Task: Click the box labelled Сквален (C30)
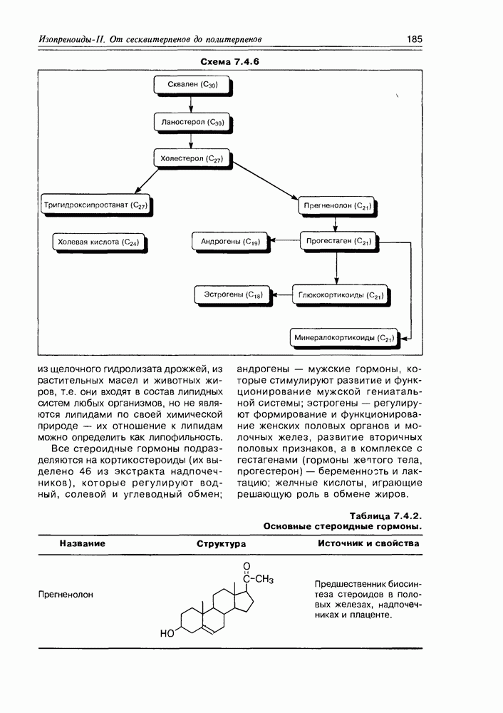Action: [x=192, y=86]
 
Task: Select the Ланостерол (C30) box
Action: [x=192, y=122]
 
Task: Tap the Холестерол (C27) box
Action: [x=192, y=158]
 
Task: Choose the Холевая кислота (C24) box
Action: [x=98, y=242]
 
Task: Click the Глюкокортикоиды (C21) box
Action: [x=341, y=294]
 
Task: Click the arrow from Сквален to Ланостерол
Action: [x=192, y=104]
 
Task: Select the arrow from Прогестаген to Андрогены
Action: [x=282, y=242]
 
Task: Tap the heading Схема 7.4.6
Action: [x=229, y=62]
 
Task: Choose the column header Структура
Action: [x=222, y=543]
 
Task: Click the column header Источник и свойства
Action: [x=368, y=543]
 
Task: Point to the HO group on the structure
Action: [x=168, y=632]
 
